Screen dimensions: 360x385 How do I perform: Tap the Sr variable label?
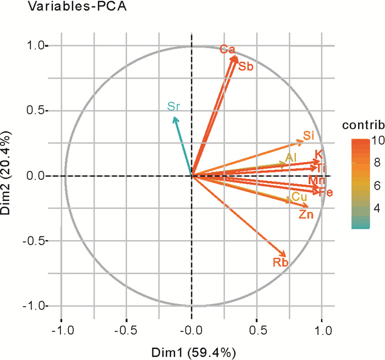[174, 107]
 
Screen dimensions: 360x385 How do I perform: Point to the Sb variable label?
[245, 67]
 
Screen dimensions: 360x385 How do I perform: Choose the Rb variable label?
[280, 263]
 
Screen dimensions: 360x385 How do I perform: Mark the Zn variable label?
[306, 215]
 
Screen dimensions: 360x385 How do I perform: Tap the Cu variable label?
[299, 197]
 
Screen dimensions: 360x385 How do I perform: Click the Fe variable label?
[326, 193]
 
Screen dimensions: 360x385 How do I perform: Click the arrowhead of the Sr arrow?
[174, 118]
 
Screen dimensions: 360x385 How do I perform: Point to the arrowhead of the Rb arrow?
[285, 254]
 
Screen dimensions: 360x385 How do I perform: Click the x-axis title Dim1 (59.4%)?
[191, 351]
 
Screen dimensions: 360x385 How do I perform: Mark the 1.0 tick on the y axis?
[37, 46]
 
